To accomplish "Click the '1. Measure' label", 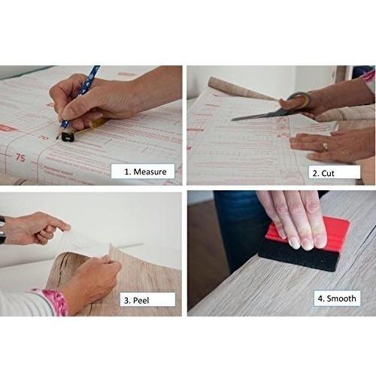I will tap(143, 171).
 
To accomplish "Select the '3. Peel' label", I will tap(144, 299).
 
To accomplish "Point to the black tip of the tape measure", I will tap(67, 137).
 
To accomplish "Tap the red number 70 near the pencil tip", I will tap(43, 136).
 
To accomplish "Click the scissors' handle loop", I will tap(297, 101).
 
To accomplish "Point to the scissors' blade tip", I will tap(235, 119).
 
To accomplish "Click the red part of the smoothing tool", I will tap(308, 230).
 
